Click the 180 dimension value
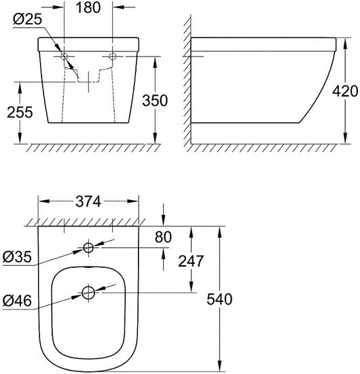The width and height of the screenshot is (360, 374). click(88, 8)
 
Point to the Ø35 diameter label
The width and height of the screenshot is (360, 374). click(18, 258)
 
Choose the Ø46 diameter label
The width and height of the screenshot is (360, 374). click(18, 300)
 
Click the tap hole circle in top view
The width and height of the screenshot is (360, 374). click(88, 248)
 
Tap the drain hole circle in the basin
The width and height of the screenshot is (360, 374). click(88, 293)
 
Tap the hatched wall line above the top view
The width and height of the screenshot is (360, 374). click(88, 222)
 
